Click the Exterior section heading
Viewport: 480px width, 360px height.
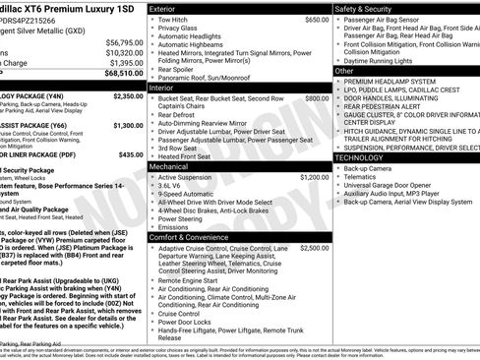[x=169, y=8]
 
